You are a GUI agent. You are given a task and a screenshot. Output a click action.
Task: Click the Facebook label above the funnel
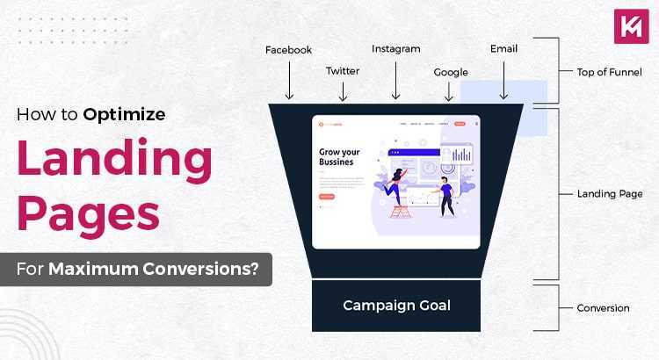click(288, 50)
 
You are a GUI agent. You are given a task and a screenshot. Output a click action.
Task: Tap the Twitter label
click(343, 70)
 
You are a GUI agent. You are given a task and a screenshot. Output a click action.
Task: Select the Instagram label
click(395, 49)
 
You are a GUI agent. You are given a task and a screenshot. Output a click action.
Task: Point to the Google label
click(451, 72)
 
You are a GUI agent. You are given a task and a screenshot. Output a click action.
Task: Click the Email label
click(503, 50)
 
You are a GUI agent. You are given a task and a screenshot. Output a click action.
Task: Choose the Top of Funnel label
click(609, 72)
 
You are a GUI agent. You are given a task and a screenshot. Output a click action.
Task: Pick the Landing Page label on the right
click(609, 193)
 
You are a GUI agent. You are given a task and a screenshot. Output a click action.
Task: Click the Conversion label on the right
click(603, 308)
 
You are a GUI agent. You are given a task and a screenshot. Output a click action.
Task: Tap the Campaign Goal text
click(396, 306)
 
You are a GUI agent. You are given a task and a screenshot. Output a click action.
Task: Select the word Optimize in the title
click(125, 114)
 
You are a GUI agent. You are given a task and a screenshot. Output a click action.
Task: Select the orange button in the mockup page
click(326, 198)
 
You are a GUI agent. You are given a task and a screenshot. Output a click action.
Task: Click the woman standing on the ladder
click(397, 191)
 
